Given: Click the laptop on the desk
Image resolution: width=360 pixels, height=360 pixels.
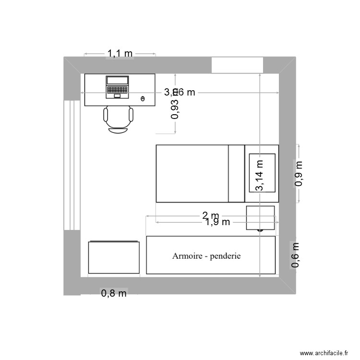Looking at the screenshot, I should pos(118,87).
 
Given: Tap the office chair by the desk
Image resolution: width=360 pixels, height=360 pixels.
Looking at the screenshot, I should pos(118,119).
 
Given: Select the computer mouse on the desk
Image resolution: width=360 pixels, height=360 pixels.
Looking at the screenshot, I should pos(143,99).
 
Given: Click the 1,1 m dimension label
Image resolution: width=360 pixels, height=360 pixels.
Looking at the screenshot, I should pos(120,53).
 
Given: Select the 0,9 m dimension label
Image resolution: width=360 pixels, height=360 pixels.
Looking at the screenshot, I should pos(299,173).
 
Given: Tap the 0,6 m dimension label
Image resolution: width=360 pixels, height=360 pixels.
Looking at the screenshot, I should pos(296,255).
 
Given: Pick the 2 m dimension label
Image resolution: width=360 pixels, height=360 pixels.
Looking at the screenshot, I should pos(210,216).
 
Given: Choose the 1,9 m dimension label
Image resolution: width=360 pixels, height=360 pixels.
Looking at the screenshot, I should pos(217,222).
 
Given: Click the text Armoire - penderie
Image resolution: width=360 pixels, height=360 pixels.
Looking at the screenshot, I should pos(206,256).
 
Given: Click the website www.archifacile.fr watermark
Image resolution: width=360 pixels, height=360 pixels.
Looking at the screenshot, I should pos(324,353).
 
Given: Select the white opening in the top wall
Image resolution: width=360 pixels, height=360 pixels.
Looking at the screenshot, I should pos(237,65).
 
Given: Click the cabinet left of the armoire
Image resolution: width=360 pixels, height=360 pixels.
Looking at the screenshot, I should pos(114,257).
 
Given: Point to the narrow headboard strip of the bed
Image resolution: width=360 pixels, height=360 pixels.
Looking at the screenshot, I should pos(236,173).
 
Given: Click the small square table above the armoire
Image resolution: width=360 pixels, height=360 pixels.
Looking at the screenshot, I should pos(260,218).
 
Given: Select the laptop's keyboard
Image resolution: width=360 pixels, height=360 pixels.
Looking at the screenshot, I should pos(118,89).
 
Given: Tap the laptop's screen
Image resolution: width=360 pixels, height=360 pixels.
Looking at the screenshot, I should pos(118,81).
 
